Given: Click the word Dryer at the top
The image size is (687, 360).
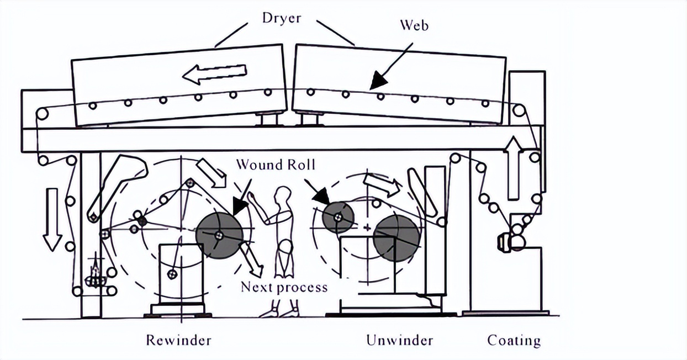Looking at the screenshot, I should (282, 17).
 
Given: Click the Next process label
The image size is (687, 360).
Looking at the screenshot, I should (284, 287).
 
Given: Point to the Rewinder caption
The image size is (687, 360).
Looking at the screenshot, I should (178, 340).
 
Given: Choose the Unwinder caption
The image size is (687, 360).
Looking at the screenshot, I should (399, 340).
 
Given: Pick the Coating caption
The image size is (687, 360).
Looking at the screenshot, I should (514, 340).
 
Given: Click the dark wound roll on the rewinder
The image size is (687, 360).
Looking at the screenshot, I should (219, 235).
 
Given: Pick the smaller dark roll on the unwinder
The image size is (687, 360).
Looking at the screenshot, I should (338, 216).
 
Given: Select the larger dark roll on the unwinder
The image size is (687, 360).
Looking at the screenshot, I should (395, 237).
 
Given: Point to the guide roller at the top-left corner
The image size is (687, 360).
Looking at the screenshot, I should (41, 114).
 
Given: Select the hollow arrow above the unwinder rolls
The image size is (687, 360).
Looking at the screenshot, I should (381, 185).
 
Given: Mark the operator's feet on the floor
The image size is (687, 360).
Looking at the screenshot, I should (279, 311).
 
